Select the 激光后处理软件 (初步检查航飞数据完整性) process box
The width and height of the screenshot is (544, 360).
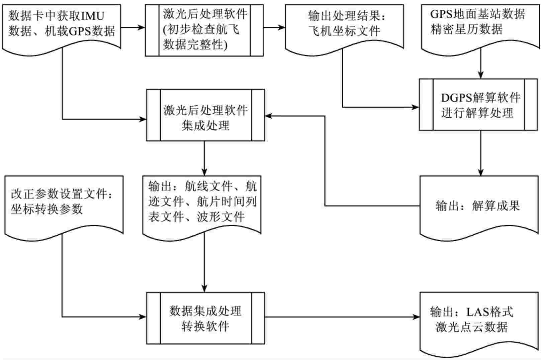(204, 30)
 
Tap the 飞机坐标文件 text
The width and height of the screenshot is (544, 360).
(345, 31)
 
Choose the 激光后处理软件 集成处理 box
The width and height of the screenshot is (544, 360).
(205, 115)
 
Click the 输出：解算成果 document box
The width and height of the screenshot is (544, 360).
(479, 206)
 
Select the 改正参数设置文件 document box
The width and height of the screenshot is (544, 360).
(64, 204)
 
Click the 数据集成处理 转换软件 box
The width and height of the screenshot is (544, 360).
(205, 318)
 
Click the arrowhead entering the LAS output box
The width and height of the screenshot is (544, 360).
(416, 317)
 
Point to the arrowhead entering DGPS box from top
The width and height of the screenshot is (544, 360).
(481, 75)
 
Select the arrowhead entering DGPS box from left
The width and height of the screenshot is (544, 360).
(416, 107)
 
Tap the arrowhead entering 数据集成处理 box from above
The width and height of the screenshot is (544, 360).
(205, 288)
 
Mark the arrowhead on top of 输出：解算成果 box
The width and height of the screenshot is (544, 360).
(481, 172)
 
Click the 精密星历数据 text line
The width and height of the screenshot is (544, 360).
(467, 29)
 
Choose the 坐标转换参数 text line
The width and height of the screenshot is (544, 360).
(47, 209)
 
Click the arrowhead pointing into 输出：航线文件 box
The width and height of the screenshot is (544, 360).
(204, 172)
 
